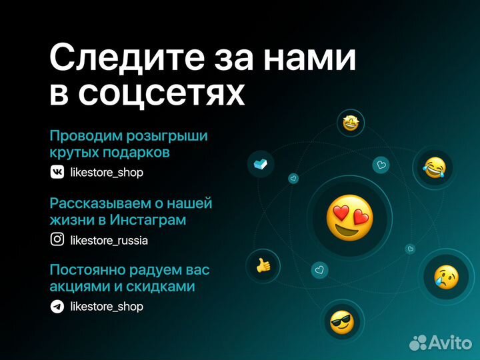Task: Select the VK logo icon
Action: point(58,172)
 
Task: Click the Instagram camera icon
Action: point(58,239)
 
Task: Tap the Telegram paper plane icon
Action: point(58,307)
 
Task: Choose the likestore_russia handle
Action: point(109,240)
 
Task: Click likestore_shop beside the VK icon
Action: point(107,173)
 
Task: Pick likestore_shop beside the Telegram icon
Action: point(107,307)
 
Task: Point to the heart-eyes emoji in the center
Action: point(349,218)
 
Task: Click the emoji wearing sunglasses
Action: point(342,323)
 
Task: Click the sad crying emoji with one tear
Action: point(445,275)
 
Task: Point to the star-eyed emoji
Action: point(351,123)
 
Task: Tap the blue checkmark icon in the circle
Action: point(261,164)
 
